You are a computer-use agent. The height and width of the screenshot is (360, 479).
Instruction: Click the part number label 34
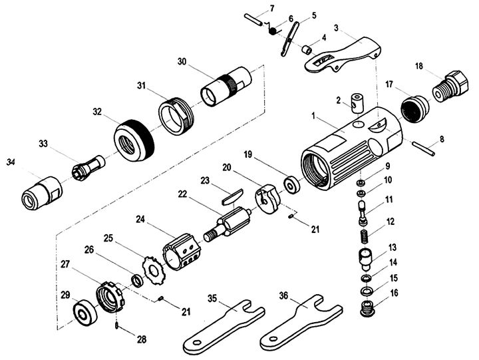point(11,162)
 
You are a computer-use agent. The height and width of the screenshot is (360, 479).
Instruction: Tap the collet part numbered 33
point(88,168)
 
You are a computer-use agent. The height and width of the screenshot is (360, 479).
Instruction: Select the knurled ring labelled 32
point(134,140)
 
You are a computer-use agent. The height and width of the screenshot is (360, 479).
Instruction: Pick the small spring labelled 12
point(367,237)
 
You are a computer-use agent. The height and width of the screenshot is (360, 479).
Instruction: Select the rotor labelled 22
point(228,225)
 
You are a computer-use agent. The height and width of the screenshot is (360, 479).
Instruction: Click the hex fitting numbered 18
point(450,86)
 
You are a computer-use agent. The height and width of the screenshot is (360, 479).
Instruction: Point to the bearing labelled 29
point(85,312)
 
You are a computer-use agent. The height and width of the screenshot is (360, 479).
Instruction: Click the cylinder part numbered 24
point(182,252)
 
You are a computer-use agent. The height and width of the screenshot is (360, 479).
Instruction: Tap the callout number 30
point(182,61)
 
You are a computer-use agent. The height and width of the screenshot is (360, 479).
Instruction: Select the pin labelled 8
point(423,148)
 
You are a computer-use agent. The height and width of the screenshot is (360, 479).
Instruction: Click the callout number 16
point(395,293)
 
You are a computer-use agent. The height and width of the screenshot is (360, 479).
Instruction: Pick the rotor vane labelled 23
point(232,196)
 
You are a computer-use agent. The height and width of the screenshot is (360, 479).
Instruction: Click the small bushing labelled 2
point(355,103)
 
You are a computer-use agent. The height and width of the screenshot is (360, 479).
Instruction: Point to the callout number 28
point(142,339)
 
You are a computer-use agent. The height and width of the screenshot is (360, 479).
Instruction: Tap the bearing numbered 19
point(292,184)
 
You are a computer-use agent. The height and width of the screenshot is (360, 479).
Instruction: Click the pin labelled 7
point(253,19)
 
